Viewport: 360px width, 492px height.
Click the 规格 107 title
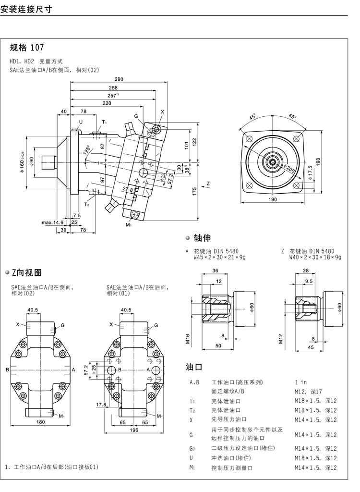(27, 48)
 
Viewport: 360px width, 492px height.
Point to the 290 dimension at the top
(119, 79)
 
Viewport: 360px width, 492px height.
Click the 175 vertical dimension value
(194, 191)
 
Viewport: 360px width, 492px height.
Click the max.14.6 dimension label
(52, 222)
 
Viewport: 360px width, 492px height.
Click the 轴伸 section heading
(202, 237)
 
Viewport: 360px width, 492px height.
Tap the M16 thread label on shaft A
(189, 340)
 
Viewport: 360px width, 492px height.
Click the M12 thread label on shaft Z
(282, 340)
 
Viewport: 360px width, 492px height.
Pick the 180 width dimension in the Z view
(40, 422)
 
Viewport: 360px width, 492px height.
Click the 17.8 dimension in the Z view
(101, 405)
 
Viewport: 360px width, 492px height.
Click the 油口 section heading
(194, 367)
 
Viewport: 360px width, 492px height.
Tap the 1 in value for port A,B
(300, 382)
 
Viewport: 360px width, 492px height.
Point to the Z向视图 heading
(27, 273)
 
